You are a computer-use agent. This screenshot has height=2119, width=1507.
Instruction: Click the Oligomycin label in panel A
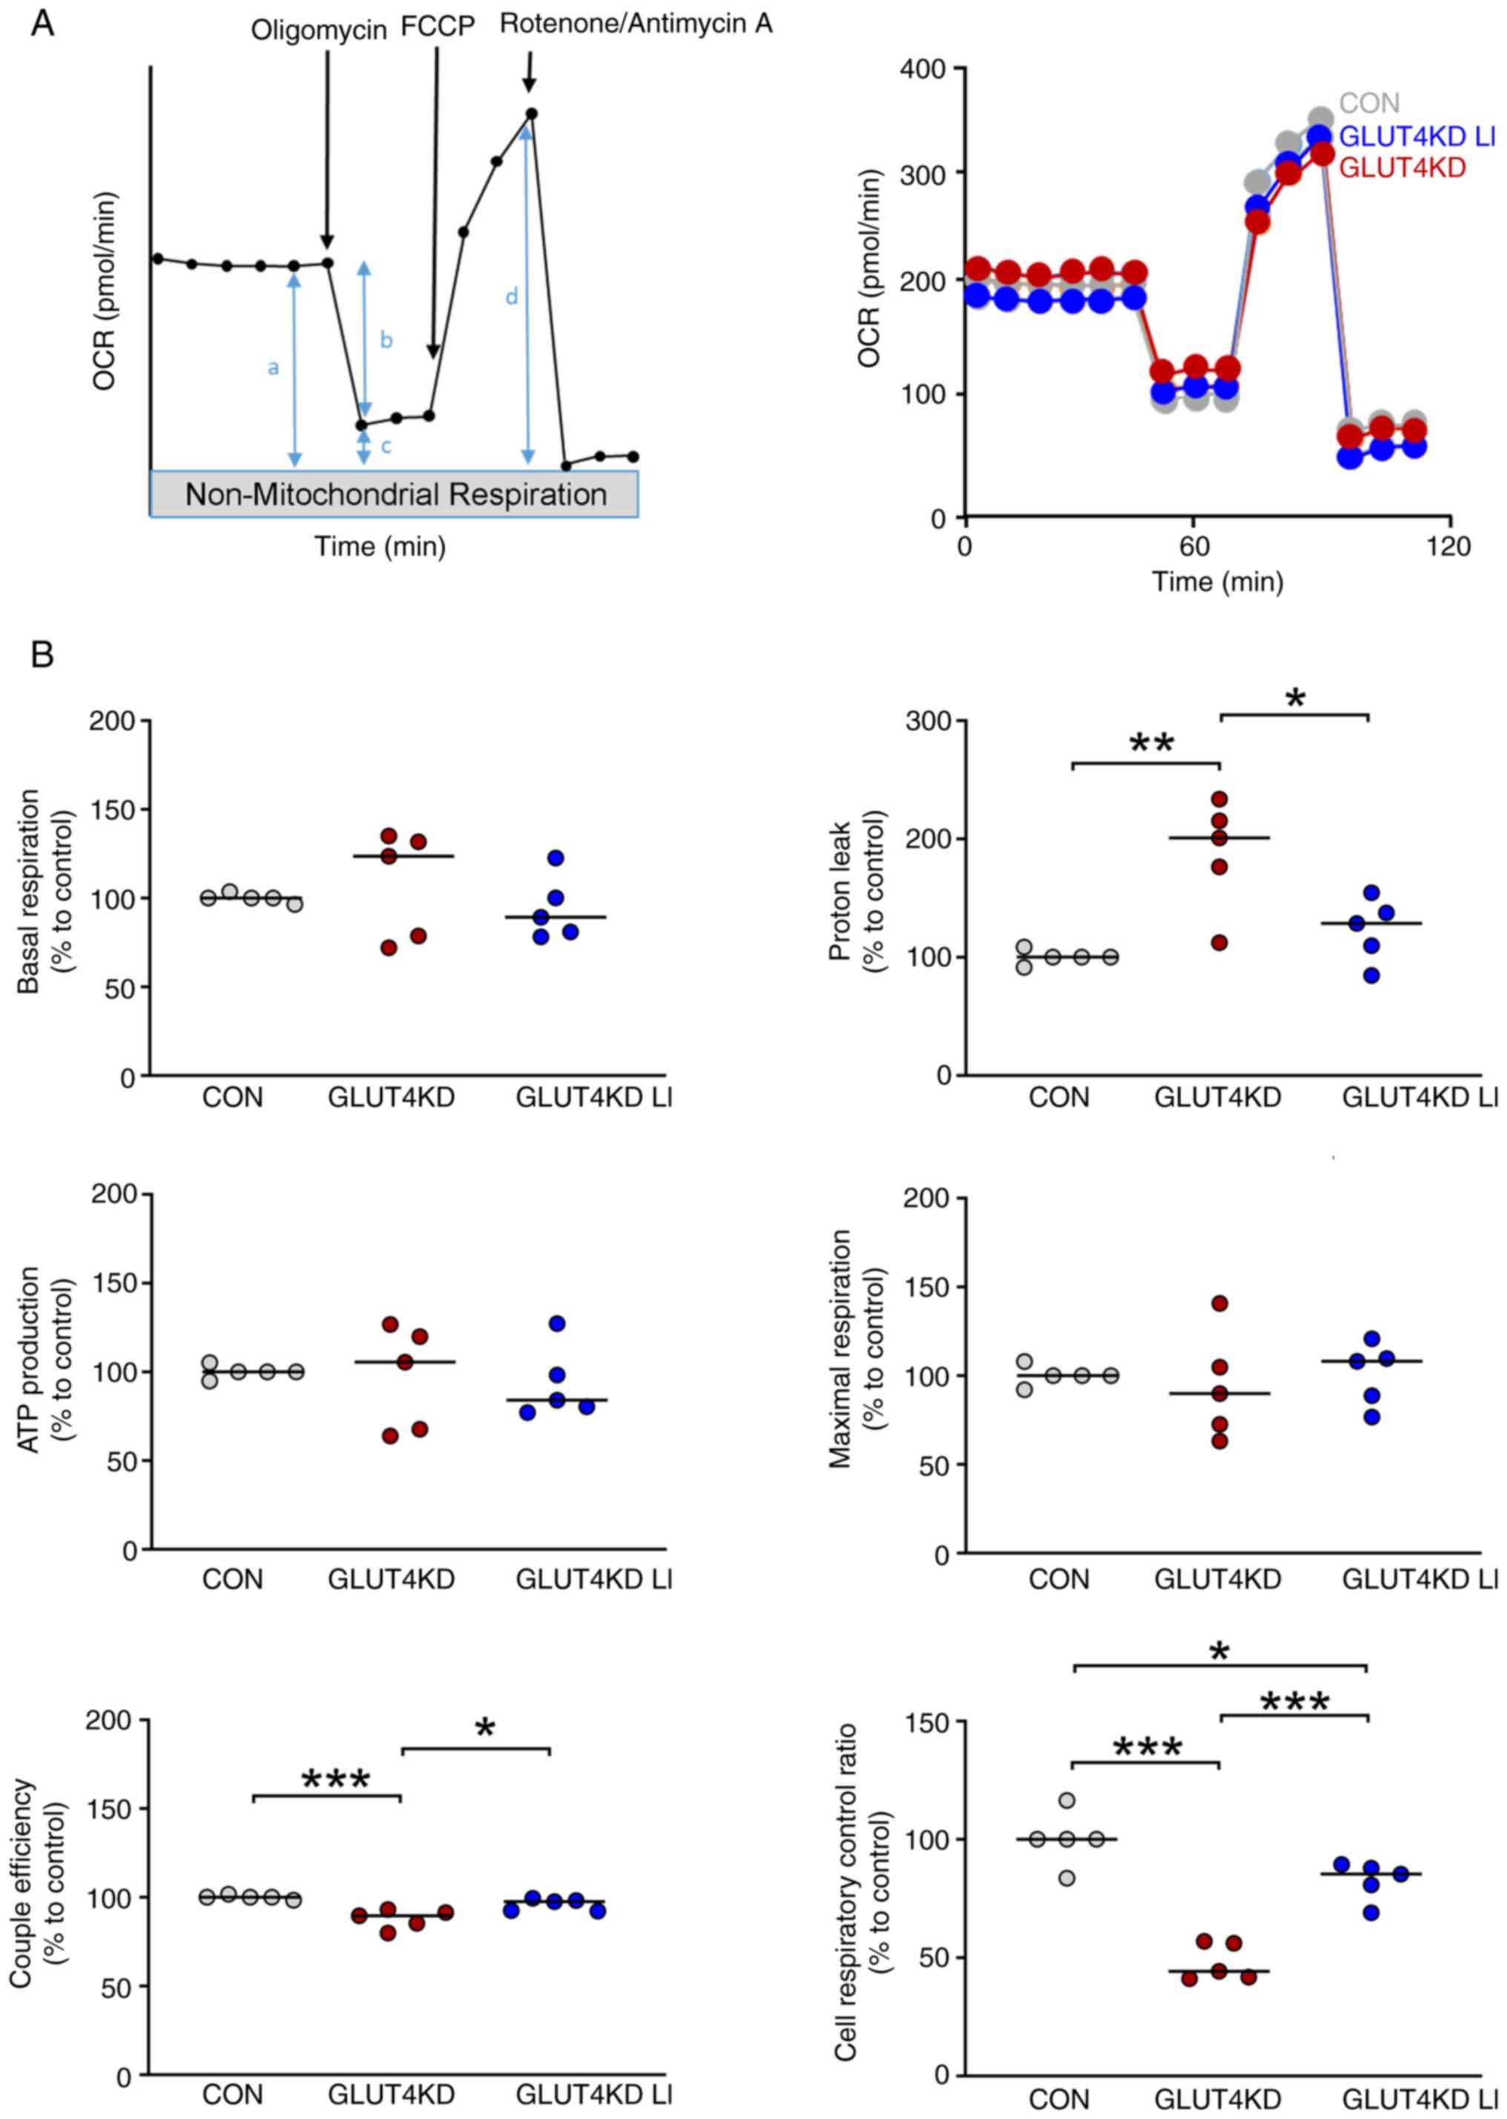(318, 30)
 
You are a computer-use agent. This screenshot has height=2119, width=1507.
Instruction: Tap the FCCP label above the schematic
(437, 27)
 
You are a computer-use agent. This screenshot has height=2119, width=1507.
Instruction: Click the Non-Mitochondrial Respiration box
(395, 493)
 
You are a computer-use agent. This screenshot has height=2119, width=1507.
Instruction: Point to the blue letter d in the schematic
(511, 298)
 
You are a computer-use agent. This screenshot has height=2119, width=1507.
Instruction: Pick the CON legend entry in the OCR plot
(1369, 103)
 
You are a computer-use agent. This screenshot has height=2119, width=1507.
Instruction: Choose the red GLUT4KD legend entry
(1402, 168)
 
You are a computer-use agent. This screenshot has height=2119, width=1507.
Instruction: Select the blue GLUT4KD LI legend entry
(1417, 136)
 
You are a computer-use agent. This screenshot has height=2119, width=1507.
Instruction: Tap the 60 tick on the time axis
(1194, 547)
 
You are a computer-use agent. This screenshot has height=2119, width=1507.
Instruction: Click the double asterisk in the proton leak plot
(1152, 744)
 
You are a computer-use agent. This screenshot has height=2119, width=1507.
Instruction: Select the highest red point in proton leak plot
(1219, 799)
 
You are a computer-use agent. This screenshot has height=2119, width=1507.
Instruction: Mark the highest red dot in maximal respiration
(1219, 1303)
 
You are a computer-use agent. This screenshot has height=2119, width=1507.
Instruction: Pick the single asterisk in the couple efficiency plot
(484, 1728)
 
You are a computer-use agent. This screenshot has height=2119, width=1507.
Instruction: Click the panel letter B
(42, 655)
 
